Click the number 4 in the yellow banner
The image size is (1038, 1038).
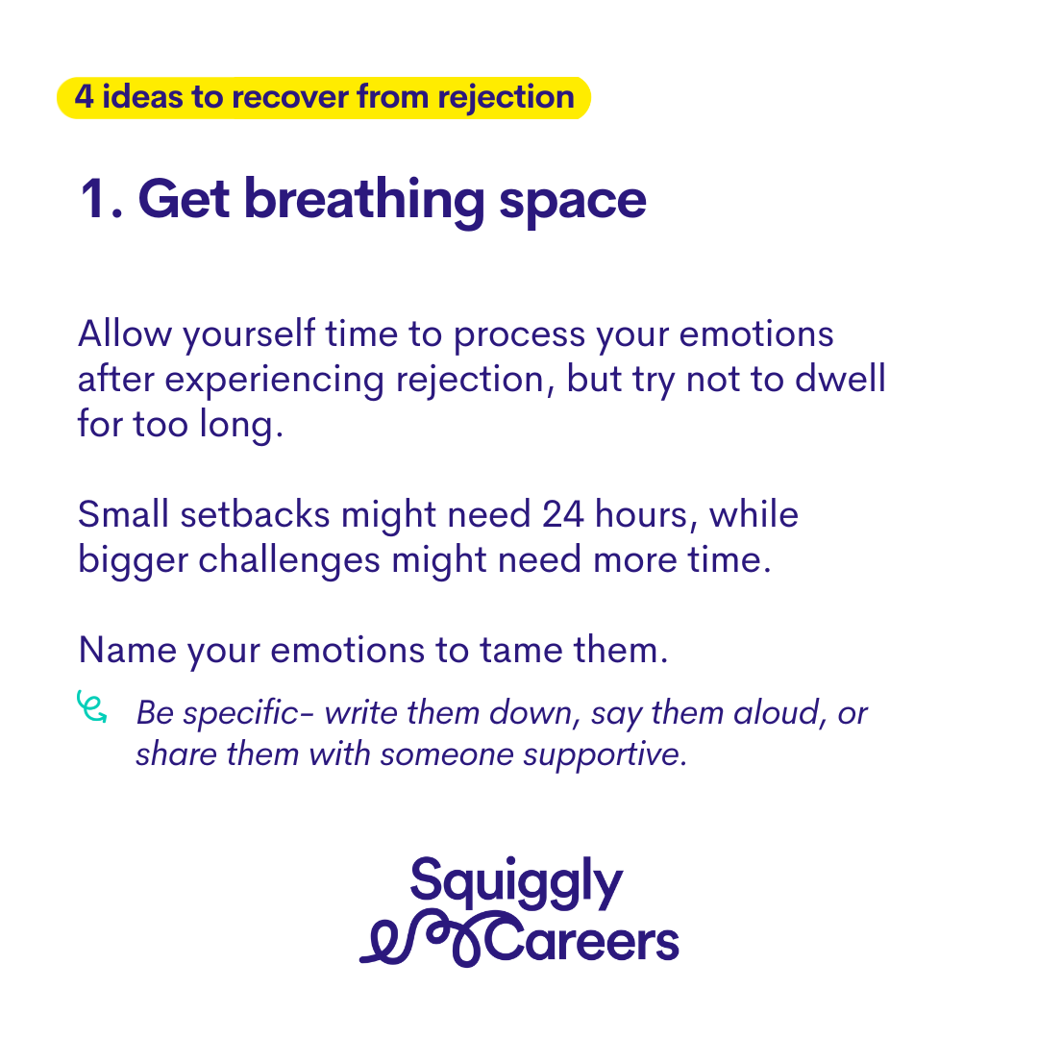pyautogui.click(x=84, y=97)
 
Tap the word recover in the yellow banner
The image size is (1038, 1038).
pyautogui.click(x=286, y=97)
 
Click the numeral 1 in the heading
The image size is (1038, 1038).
pyautogui.click(x=90, y=198)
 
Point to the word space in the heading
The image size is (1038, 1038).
pyautogui.click(x=573, y=203)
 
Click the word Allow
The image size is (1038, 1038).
pyautogui.click(x=125, y=333)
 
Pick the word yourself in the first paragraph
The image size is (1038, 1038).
pyautogui.click(x=249, y=335)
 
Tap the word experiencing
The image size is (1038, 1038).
pyautogui.click(x=274, y=381)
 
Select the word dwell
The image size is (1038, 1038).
pyautogui.click(x=840, y=379)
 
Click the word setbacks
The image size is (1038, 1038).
pyautogui.click(x=255, y=514)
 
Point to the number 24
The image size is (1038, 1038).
pyautogui.click(x=563, y=515)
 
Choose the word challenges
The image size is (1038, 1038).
pyautogui.click(x=289, y=561)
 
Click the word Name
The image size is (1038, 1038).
pyautogui.click(x=127, y=650)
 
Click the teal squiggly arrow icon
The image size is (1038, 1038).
pyautogui.click(x=91, y=706)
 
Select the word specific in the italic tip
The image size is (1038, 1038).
pyautogui.click(x=240, y=714)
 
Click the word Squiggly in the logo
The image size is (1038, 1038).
pyautogui.click(x=516, y=882)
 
